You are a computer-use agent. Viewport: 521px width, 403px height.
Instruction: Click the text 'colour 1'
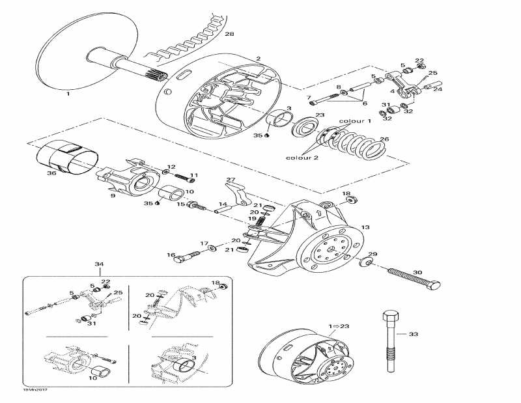[x=355, y=122]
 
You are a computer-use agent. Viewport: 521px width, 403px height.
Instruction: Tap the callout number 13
[x=365, y=227]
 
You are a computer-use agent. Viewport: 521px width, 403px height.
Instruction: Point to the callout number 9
[x=112, y=195]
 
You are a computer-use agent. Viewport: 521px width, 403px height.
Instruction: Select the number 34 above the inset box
[x=99, y=264]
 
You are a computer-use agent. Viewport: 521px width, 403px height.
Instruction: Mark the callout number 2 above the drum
[x=258, y=59]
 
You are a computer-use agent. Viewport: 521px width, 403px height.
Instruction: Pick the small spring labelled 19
[x=260, y=222]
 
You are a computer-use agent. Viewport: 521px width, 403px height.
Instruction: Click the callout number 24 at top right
[x=438, y=89]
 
